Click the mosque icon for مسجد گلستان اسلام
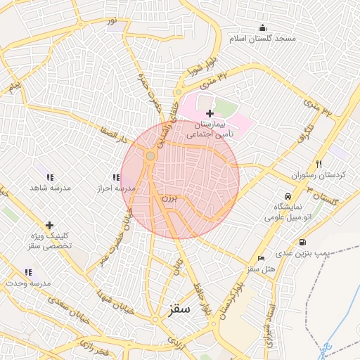tap(263, 28)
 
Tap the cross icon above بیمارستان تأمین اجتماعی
tap(210, 112)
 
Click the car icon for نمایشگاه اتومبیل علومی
tap(288, 196)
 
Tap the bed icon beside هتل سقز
tap(262, 259)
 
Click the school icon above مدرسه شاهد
tap(50, 178)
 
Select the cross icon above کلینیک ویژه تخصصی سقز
tap(49, 226)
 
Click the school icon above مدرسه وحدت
tap(28, 272)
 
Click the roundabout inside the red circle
tap(150, 155)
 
